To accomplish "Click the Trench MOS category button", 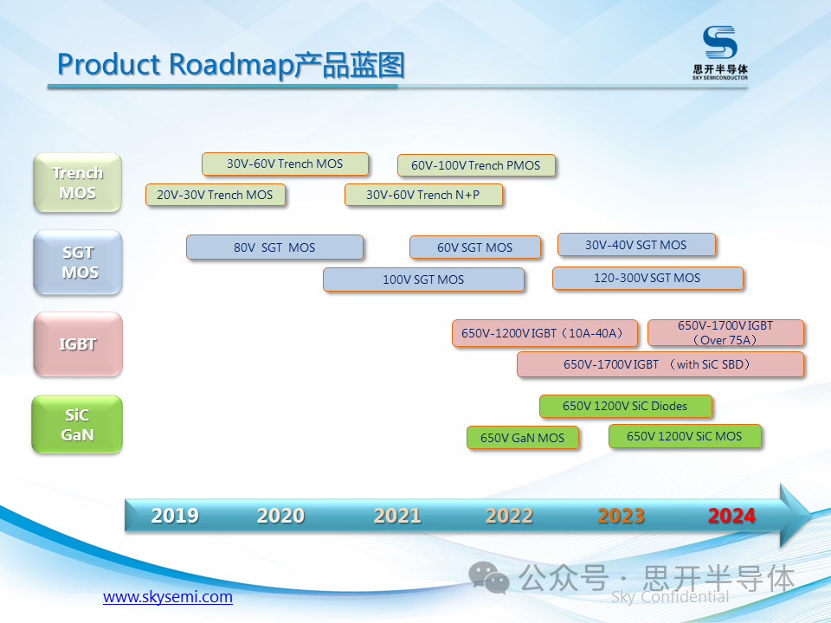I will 77,183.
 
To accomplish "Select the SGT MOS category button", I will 78,262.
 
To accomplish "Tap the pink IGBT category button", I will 78,344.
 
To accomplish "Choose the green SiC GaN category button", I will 77,424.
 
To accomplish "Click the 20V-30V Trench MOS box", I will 215,195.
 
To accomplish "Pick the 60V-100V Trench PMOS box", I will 475,165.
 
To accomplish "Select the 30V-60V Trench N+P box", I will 422,195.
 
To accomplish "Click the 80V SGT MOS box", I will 274,247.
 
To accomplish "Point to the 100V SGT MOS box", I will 423,279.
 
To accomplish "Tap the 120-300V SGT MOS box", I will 647,278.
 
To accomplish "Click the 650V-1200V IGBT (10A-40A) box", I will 544,333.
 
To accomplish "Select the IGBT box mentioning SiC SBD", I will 660,364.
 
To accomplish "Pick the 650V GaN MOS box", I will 522,438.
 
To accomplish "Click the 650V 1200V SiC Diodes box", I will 625,406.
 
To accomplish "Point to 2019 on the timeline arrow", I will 175,516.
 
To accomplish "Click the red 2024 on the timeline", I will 731,516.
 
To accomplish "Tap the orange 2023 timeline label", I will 621,516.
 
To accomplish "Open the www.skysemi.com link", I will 168,597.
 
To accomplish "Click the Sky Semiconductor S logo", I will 719,43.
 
